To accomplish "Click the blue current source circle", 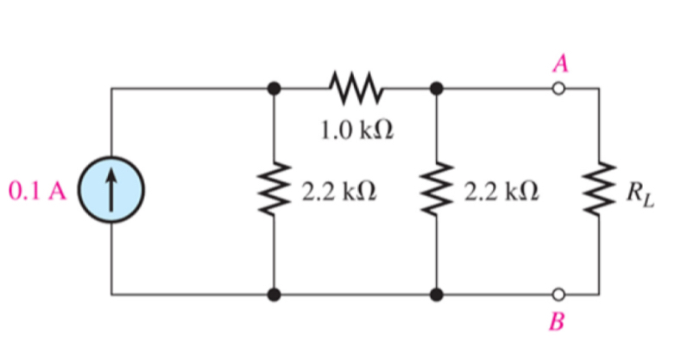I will [x=111, y=191].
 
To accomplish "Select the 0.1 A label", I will [x=37, y=191].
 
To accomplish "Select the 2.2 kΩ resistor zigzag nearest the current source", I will [x=274, y=191].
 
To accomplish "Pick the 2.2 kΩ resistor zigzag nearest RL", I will [x=437, y=191].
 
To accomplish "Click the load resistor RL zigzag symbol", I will [x=597, y=191].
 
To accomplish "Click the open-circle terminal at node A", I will [x=558, y=88].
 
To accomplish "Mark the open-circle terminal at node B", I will [x=558, y=294].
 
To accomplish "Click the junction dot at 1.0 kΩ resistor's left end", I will [x=274, y=88].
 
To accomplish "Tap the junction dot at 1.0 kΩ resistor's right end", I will [x=437, y=88].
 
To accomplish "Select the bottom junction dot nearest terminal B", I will [x=437, y=294].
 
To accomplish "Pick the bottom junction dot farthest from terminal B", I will [x=274, y=294].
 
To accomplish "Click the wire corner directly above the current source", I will [x=111, y=88].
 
